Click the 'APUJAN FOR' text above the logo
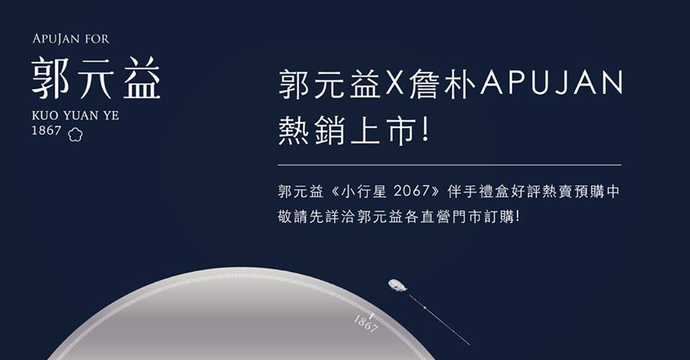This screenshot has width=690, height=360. click(x=70, y=40)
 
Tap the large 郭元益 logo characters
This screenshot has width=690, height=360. click(x=96, y=78)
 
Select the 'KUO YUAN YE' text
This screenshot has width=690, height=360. click(x=75, y=116)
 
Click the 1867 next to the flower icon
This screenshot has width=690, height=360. click(x=46, y=131)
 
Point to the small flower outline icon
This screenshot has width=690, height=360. click(x=75, y=134)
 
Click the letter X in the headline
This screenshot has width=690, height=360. click(x=395, y=83)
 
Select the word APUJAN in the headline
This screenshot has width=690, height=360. click(x=552, y=83)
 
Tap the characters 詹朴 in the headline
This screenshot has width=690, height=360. click(x=442, y=83)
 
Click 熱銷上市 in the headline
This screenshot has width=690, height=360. click(x=346, y=130)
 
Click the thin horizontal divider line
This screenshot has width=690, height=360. click(x=449, y=165)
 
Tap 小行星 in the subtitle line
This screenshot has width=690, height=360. click(x=362, y=191)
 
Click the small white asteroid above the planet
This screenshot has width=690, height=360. click(x=397, y=285)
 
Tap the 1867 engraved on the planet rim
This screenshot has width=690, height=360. click(x=366, y=324)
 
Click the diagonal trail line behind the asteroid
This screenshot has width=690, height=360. click(x=439, y=320)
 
